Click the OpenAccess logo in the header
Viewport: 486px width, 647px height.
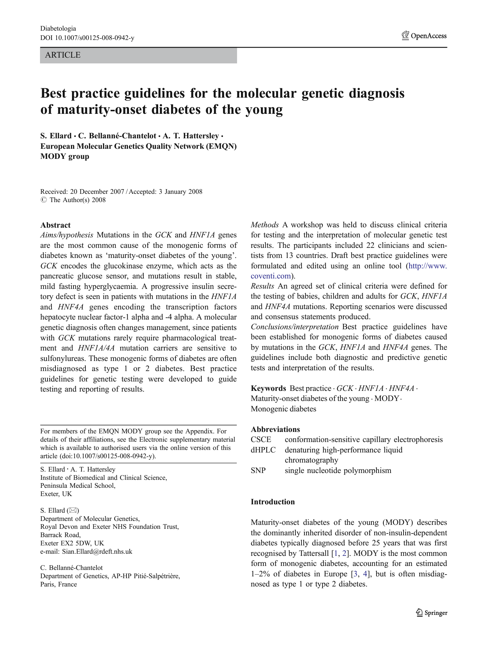pyautogui.click(x=424, y=36)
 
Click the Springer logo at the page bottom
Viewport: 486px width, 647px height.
pyautogui.click(x=432, y=613)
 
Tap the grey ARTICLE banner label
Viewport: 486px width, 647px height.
pyautogui.click(x=63, y=55)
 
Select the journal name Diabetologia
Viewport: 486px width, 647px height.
pyautogui.click(x=58, y=28)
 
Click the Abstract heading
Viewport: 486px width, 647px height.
pyautogui.click(x=55, y=225)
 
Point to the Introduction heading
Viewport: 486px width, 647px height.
pyautogui.click(x=272, y=502)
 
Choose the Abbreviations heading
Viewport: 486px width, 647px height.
pyautogui.click(x=275, y=429)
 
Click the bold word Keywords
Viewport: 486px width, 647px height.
pyautogui.click(x=268, y=388)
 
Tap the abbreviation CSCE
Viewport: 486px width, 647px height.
pyautogui.click(x=261, y=439)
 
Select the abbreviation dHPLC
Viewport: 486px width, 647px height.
pyautogui.click(x=263, y=450)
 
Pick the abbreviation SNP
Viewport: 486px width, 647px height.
pyautogui.click(x=258, y=470)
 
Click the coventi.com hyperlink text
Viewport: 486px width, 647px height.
pyautogui.click(x=271, y=276)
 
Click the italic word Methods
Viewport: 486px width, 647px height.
pyautogui.click(x=264, y=225)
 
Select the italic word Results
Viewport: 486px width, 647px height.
pyautogui.click(x=262, y=286)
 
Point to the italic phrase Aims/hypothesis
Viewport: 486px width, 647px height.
pyautogui.click(x=67, y=235)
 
